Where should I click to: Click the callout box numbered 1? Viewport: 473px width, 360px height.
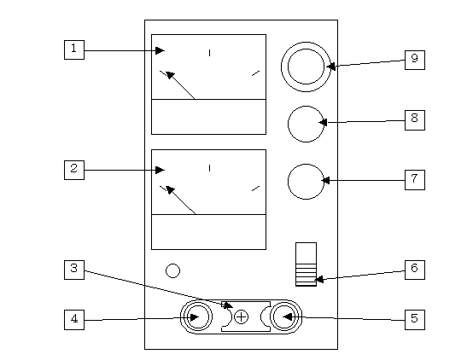[x=74, y=49]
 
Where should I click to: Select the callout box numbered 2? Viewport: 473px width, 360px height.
[x=74, y=170]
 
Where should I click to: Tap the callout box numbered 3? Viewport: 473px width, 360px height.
[x=74, y=270]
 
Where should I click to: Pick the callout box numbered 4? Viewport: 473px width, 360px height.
[x=74, y=320]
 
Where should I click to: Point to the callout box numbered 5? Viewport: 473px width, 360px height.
[x=415, y=320]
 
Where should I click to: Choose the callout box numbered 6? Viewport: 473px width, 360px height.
[x=415, y=270]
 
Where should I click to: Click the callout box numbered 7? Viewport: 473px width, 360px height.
[x=415, y=180]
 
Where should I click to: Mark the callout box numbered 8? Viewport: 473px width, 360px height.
[x=415, y=120]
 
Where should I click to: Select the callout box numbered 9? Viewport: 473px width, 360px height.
[x=415, y=60]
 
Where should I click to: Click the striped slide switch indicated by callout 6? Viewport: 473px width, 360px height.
[x=306, y=264]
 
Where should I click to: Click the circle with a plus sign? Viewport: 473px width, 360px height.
[x=241, y=317]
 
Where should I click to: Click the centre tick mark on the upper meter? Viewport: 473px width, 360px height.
[x=210, y=53]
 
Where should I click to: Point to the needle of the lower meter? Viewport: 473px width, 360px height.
[x=181, y=200]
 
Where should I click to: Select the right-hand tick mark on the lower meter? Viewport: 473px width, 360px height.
[x=255, y=189]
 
